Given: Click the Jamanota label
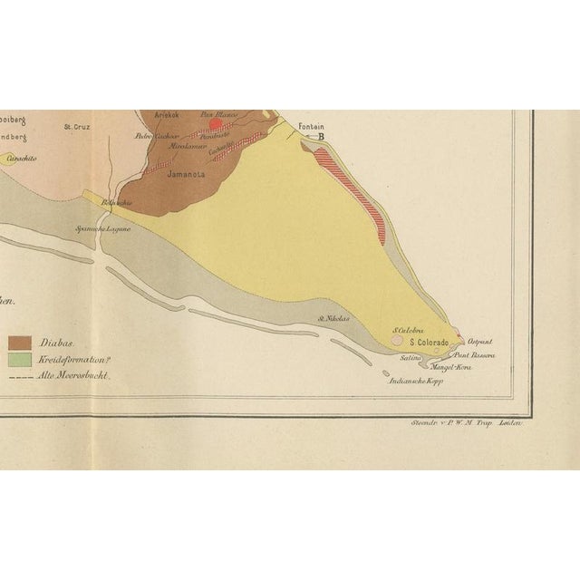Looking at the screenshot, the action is [x=187, y=176].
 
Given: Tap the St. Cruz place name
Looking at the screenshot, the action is [x=76, y=127].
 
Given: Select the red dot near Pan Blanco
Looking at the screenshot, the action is [x=215, y=125].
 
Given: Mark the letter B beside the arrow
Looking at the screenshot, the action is [x=320, y=137].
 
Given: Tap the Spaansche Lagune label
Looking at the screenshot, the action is [x=104, y=229].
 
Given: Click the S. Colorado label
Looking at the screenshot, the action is [x=431, y=343].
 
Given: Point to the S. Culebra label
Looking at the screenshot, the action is [x=409, y=331].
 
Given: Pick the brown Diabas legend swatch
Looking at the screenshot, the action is [x=20, y=343].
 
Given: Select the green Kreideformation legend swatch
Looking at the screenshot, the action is [x=20, y=359].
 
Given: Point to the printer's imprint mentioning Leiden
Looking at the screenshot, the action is [x=468, y=423].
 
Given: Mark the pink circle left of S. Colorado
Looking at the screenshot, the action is [x=397, y=343].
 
